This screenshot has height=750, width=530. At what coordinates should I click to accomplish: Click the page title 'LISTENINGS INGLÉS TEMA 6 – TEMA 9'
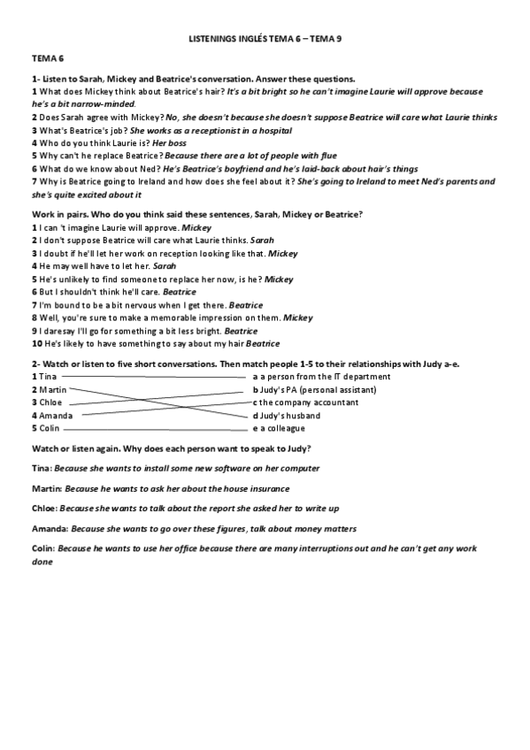click(x=265, y=40)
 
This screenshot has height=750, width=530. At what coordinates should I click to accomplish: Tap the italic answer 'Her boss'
click(x=170, y=142)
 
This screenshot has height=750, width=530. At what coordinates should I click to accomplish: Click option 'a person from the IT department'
click(x=325, y=377)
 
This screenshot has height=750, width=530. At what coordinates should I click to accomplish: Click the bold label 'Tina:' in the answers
click(x=41, y=468)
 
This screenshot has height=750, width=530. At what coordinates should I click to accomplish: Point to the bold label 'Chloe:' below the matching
click(x=44, y=509)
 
